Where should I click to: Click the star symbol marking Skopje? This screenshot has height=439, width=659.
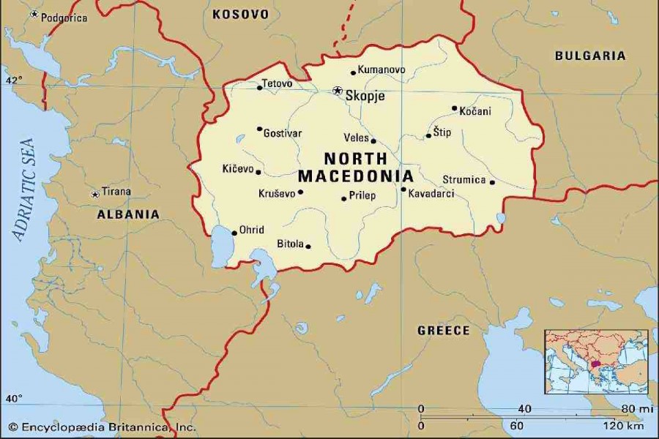337,91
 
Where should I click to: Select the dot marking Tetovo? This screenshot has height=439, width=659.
259,88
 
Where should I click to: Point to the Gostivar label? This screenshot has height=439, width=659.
283,133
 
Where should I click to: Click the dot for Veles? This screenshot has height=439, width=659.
373,141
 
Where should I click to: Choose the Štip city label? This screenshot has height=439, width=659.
442,132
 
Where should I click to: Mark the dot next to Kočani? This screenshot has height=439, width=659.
454,108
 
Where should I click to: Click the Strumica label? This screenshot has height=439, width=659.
464,179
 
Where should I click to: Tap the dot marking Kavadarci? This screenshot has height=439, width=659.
403,190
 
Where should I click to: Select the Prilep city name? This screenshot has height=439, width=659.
362,195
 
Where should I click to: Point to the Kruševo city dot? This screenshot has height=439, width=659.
300,192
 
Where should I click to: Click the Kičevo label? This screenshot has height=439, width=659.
237,169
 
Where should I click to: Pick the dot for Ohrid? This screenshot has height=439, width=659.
234,233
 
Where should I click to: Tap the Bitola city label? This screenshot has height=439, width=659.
290,244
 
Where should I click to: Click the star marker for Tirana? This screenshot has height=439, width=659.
94,195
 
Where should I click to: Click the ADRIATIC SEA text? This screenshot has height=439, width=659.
22,190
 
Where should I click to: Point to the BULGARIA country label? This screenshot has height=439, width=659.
590,56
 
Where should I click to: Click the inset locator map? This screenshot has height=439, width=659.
596,361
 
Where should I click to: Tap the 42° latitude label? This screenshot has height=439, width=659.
15,79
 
